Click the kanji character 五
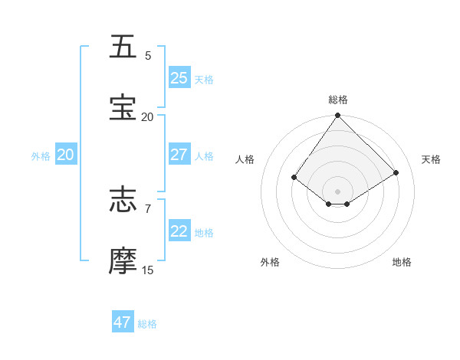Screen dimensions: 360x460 click(123, 47)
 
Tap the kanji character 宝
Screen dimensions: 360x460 click(123, 107)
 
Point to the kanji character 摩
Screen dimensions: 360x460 click(123, 260)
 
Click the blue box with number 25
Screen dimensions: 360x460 click(179, 77)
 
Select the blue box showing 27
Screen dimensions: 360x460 click(179, 155)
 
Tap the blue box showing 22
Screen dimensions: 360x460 click(179, 231)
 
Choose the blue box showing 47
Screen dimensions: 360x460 click(123, 322)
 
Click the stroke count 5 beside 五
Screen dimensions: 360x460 click(148, 56)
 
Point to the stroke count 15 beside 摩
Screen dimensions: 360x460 click(148, 270)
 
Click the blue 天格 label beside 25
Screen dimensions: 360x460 click(203, 79)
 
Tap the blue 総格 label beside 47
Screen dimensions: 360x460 click(147, 324)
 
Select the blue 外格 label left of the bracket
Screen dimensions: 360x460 click(41, 156)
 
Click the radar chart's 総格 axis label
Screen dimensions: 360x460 click(338, 100)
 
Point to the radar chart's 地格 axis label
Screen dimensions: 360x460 click(402, 262)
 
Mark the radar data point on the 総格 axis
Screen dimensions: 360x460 click(338, 116)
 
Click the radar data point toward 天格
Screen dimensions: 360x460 click(396, 172)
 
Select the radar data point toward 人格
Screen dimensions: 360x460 click(294, 177)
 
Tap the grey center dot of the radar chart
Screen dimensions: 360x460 click(338, 191)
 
